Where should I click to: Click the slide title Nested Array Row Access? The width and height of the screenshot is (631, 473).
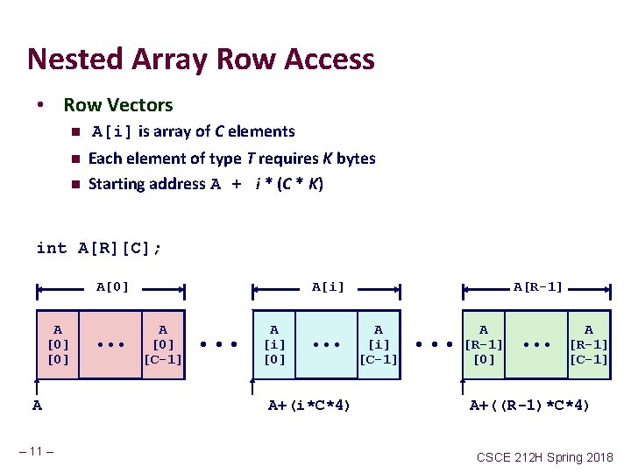pyautogui.click(x=201, y=60)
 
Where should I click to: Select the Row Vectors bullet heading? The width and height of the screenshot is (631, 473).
pyautogui.click(x=118, y=105)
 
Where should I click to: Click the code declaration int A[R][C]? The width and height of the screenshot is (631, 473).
pyautogui.click(x=99, y=248)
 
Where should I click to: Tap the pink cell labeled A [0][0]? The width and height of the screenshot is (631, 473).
pyautogui.click(x=57, y=344)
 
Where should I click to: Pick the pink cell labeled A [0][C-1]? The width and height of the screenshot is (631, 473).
pyautogui.click(x=163, y=344)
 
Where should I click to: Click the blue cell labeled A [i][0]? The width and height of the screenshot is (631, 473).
pyautogui.click(x=274, y=344)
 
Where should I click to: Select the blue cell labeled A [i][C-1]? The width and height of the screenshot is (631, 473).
pyautogui.click(x=379, y=344)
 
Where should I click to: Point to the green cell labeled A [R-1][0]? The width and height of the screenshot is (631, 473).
pyautogui.click(x=484, y=344)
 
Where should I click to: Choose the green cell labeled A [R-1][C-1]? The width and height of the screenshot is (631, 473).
pyautogui.click(x=589, y=344)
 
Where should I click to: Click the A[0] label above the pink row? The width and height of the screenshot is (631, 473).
pyautogui.click(x=112, y=286)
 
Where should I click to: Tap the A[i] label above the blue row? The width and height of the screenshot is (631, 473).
pyautogui.click(x=329, y=286)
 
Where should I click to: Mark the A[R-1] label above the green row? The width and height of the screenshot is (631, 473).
pyautogui.click(x=538, y=286)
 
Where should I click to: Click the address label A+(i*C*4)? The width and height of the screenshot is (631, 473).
pyautogui.click(x=309, y=405)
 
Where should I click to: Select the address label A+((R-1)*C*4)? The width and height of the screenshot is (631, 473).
pyautogui.click(x=530, y=405)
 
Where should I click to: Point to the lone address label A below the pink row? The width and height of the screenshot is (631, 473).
pyautogui.click(x=37, y=405)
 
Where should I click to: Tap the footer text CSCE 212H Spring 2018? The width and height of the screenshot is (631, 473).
pyautogui.click(x=544, y=457)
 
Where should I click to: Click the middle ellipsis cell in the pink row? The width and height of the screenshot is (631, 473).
pyautogui.click(x=110, y=344)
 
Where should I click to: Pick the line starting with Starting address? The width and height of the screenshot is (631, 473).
pyautogui.click(x=206, y=184)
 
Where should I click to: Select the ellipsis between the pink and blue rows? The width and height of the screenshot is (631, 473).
pyautogui.click(x=219, y=344)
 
